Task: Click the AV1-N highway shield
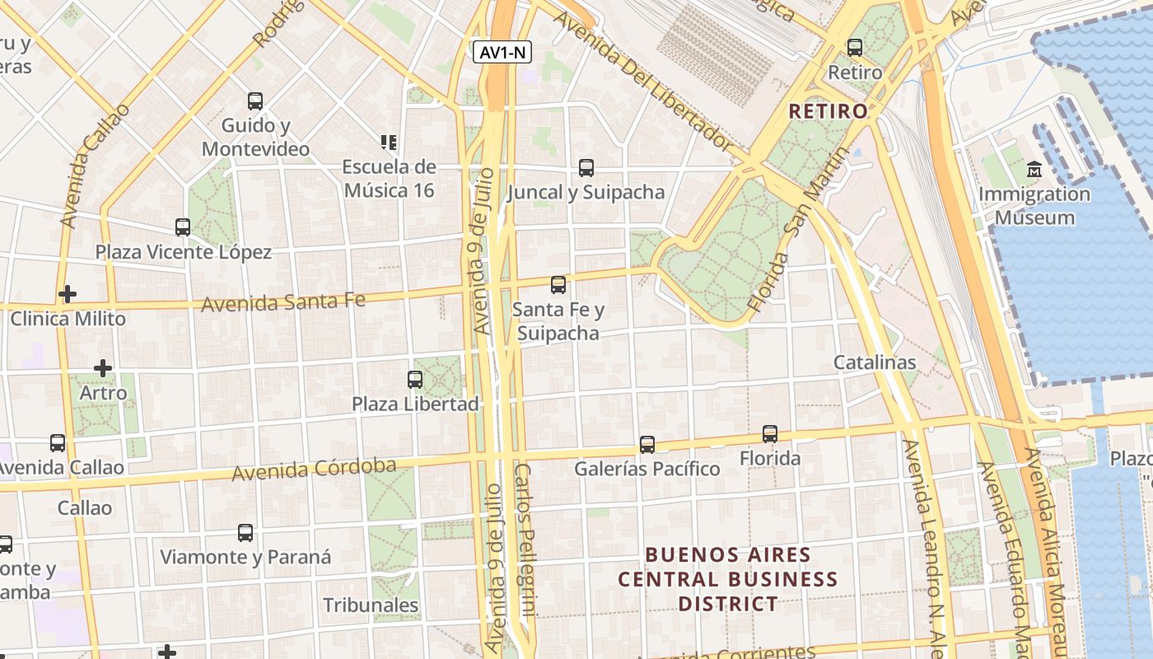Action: pyautogui.click(x=502, y=53)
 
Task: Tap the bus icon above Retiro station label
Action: pyautogui.click(x=855, y=48)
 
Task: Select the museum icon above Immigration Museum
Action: pyautogui.click(x=1034, y=171)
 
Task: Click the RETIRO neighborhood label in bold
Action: pyautogui.click(x=828, y=111)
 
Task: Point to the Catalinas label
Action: pyautogui.click(x=874, y=362)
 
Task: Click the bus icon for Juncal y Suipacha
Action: pyautogui.click(x=586, y=168)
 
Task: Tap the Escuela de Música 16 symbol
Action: pyautogui.click(x=389, y=143)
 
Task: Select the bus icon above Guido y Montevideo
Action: pyautogui.click(x=255, y=101)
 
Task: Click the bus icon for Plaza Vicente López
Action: pyautogui.click(x=183, y=227)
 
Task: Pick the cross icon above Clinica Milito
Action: pyautogui.click(x=68, y=294)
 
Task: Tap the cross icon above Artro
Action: pyautogui.click(x=103, y=368)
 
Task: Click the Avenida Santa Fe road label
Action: pyautogui.click(x=283, y=302)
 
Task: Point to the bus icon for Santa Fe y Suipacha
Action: pyautogui.click(x=558, y=285)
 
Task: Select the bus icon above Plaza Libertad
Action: pyautogui.click(x=415, y=380)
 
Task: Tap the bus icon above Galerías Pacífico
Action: pyautogui.click(x=647, y=445)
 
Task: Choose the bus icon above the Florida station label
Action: pyautogui.click(x=770, y=433)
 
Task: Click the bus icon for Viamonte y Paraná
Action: pyautogui.click(x=245, y=533)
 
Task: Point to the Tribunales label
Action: pyautogui.click(x=371, y=605)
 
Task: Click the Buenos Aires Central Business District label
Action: pyautogui.click(x=727, y=579)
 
